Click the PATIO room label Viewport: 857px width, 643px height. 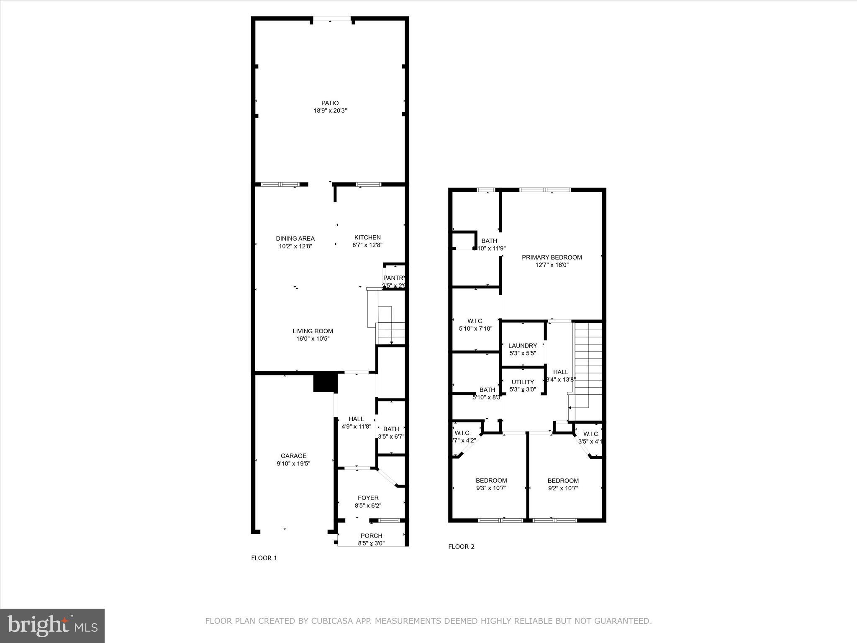coord(330,103)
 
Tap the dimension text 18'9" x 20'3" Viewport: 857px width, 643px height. coord(330,111)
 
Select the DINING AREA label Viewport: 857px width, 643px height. coord(295,239)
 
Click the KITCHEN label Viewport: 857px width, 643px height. coord(367,237)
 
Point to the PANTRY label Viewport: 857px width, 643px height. coord(394,278)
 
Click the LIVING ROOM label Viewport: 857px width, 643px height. coord(313,331)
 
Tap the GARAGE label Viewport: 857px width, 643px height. coord(293,456)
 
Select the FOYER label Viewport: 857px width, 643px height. coord(368,498)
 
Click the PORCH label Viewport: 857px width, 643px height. coord(371,535)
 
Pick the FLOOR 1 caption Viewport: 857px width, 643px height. coord(264,558)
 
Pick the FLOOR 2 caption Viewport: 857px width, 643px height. coord(461,547)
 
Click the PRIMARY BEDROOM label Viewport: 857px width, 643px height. coord(552,257)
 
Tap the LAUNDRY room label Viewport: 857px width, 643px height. coord(522,346)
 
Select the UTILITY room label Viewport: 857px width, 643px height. coord(523,382)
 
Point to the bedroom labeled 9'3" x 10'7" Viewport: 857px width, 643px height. coord(491,484)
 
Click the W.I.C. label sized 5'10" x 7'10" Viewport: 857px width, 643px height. coord(475,321)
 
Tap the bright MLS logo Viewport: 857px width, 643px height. coord(52,626)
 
